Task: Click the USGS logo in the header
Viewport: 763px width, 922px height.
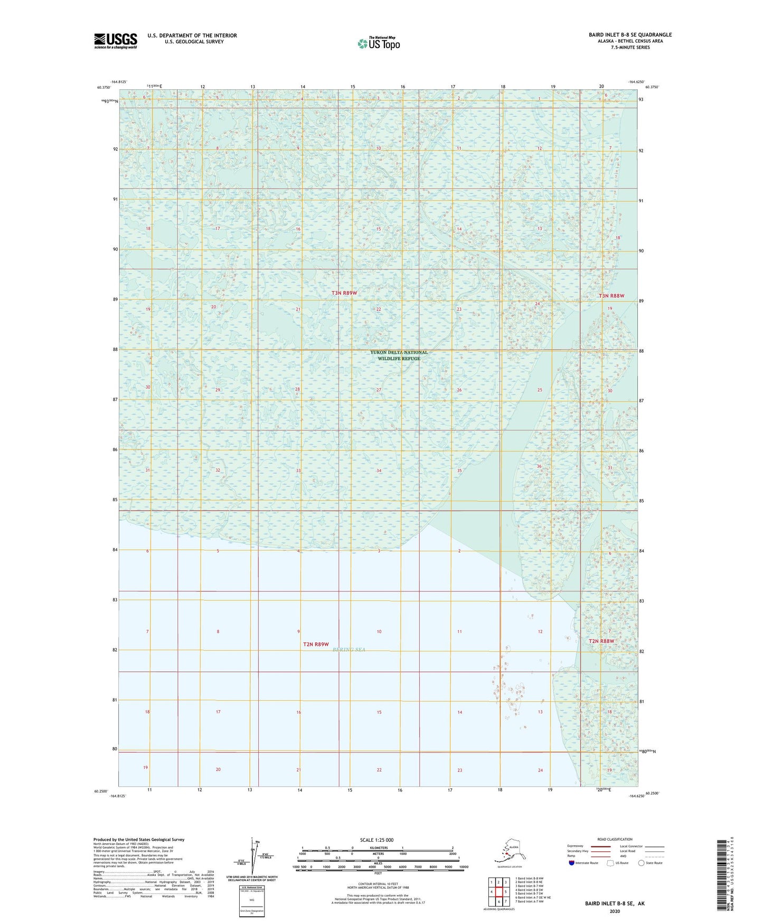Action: [x=116, y=41]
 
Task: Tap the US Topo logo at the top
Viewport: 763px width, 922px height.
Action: [x=378, y=43]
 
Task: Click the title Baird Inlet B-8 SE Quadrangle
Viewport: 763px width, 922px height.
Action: [x=630, y=35]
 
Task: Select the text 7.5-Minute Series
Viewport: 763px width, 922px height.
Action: [x=630, y=48]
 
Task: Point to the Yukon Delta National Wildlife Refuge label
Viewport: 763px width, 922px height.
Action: [x=399, y=355]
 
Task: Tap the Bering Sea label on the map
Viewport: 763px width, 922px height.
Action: [x=349, y=650]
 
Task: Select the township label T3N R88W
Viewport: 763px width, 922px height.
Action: [x=611, y=296]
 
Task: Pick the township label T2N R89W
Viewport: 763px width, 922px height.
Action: [x=316, y=644]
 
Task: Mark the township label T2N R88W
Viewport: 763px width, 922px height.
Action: [x=601, y=641]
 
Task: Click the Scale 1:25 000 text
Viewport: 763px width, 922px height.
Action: [x=376, y=840]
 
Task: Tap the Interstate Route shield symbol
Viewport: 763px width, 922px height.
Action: [x=572, y=863]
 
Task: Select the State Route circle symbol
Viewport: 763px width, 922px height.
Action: [x=642, y=863]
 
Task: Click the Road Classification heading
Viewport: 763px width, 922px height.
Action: [x=615, y=839]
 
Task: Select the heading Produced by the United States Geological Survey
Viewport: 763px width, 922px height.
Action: [x=139, y=839]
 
